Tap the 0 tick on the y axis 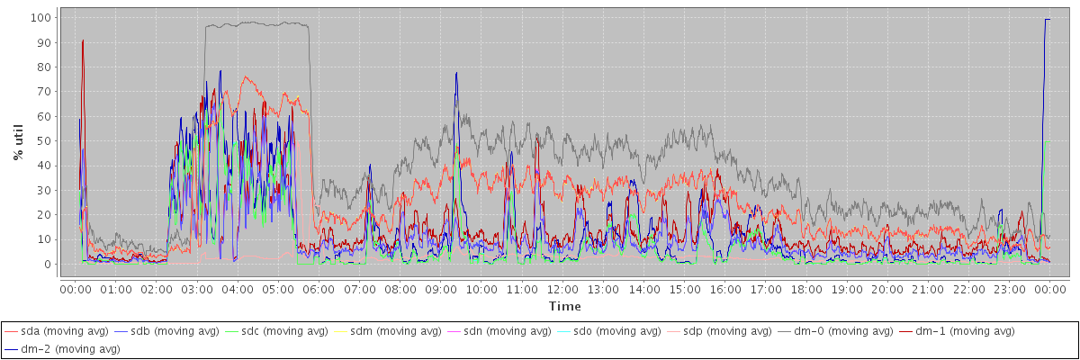click(x=47, y=265)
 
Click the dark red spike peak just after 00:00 click(x=83, y=40)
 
